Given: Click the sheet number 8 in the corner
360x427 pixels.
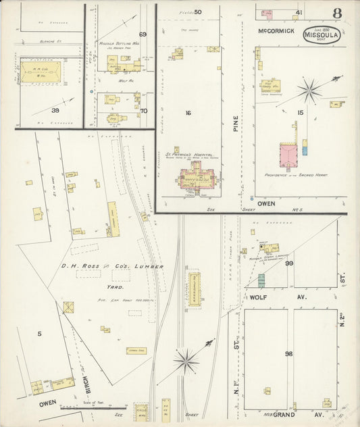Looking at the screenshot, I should point(336,13).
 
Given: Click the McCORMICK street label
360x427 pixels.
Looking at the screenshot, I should point(277,32).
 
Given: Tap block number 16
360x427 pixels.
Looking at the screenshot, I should point(188,113).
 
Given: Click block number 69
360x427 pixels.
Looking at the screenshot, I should point(143,34).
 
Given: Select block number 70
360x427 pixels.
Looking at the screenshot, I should point(144,110).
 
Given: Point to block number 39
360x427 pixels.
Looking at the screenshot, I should point(55,110).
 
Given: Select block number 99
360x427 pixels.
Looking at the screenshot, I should point(289,263).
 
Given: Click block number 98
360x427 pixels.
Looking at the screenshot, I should point(289,353).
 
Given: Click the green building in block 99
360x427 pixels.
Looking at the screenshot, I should point(261,280).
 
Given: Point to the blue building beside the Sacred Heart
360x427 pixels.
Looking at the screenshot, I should point(305,147).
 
